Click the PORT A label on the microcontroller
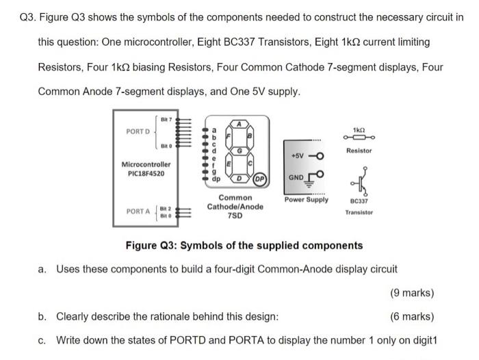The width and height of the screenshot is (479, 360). (138, 211)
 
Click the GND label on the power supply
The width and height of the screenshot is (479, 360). (297, 177)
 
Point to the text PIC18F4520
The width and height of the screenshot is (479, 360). (146, 174)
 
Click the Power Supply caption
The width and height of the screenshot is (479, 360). (307, 200)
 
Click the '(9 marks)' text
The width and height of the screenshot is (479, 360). (412, 293)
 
